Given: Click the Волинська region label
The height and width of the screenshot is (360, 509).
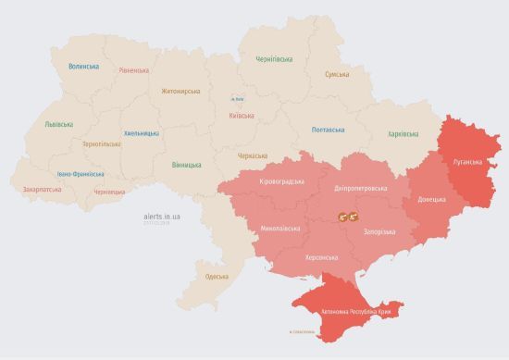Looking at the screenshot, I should click(x=83, y=67).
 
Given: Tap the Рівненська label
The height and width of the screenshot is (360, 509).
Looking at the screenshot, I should click(x=136, y=70).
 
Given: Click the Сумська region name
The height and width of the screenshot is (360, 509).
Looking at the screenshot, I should click(x=337, y=74).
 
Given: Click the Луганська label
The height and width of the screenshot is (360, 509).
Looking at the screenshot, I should click(x=467, y=160).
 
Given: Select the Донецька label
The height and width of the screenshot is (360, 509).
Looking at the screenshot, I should click(x=431, y=199).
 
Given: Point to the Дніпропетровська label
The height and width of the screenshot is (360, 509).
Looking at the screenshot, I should click(x=360, y=188).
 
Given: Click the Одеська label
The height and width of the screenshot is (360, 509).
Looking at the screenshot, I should click(x=217, y=277).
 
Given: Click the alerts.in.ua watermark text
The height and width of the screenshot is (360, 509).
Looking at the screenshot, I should click(x=163, y=216).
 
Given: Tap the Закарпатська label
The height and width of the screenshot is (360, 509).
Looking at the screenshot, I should click(x=43, y=189).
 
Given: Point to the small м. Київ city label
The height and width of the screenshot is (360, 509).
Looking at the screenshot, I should click(x=238, y=98).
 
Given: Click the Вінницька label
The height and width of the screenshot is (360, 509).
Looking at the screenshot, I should click(x=186, y=165).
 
